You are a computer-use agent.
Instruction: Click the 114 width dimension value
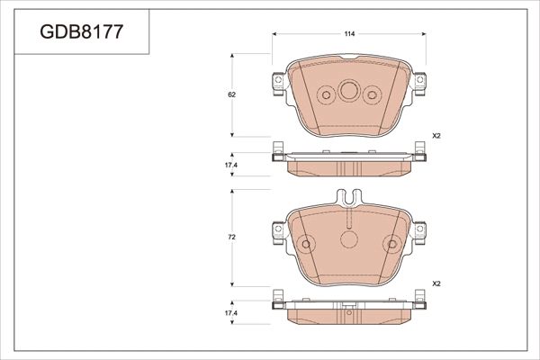(x=349, y=33)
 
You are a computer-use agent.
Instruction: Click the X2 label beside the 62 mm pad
(x=436, y=135)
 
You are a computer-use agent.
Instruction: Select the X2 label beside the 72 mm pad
(x=436, y=283)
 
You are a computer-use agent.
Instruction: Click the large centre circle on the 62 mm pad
(x=349, y=92)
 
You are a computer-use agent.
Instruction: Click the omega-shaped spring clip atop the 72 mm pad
(x=349, y=197)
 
